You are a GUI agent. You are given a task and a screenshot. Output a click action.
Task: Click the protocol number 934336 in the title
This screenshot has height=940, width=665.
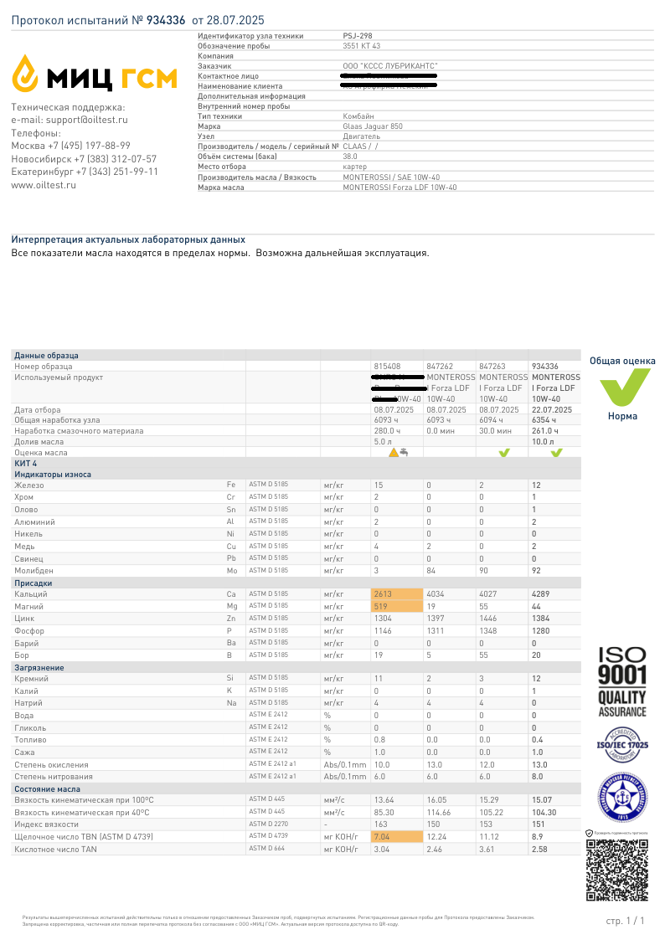coord(166,19)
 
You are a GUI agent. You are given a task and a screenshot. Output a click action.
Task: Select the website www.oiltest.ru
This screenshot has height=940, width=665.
coord(44,185)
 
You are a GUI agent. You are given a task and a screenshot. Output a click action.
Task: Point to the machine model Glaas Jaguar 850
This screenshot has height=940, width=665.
coord(373,126)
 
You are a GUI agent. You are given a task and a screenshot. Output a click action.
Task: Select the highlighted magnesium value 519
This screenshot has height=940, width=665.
coord(381,605)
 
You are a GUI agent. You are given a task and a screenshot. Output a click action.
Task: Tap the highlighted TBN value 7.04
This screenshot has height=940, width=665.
coord(382,836)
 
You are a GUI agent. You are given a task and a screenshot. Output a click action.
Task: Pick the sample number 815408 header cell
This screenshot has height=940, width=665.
coord(387,366)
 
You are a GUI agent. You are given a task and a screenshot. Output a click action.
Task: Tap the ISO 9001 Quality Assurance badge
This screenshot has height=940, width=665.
coord(621,681)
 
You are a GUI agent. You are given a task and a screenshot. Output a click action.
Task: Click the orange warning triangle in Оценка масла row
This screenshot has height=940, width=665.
coord(393,453)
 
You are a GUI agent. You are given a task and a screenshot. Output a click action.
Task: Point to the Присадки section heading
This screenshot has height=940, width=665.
coord(34,582)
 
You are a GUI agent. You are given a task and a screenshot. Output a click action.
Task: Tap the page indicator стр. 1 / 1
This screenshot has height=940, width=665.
coord(625,921)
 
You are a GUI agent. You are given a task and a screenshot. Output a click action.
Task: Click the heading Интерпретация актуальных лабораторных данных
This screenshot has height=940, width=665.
coord(128,239)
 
